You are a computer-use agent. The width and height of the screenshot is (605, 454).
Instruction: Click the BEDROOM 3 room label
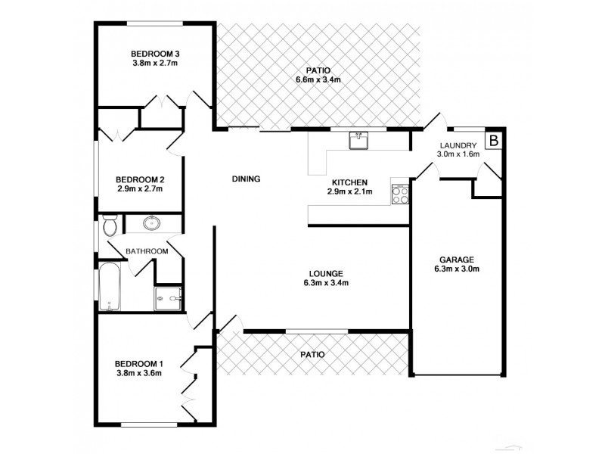[x=155, y=54]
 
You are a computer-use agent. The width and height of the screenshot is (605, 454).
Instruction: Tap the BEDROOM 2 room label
[x=140, y=179]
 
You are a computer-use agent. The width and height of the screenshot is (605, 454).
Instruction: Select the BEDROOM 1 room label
[x=139, y=362]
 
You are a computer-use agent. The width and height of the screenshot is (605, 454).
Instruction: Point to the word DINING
[x=246, y=179]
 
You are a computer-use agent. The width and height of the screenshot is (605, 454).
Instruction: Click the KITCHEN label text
[x=349, y=182]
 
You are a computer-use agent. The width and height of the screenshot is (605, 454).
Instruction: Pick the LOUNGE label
[x=327, y=273]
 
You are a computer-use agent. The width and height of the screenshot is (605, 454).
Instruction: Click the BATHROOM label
[x=147, y=251]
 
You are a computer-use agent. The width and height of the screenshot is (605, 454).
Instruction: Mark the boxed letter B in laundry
[x=493, y=141]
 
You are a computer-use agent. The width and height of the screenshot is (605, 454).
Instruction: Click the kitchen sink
[x=359, y=140]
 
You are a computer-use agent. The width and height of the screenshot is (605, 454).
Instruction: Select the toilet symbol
[x=109, y=225]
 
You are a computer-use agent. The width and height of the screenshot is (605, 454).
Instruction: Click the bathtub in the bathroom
[x=109, y=288]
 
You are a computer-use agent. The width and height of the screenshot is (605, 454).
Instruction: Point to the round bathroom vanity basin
[x=152, y=223]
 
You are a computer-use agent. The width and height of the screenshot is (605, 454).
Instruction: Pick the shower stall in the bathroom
[x=168, y=300]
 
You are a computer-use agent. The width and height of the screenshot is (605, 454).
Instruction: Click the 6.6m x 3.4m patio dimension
[x=318, y=79]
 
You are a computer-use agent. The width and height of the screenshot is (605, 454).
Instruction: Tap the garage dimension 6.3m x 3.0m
[x=456, y=269]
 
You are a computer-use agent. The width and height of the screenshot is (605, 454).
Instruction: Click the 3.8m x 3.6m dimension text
[x=139, y=372]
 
